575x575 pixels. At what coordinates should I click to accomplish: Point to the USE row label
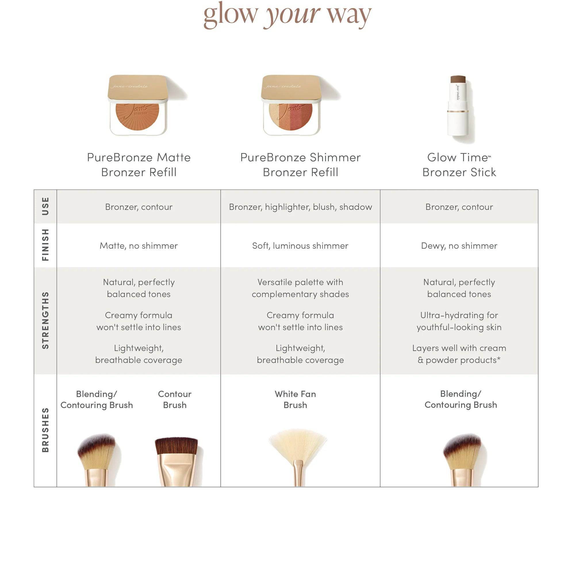click(x=45, y=206)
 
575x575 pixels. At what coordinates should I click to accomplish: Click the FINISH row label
click(x=45, y=245)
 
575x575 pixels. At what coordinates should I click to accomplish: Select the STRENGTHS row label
click(x=45, y=320)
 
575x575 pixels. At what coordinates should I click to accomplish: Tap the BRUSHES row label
click(x=45, y=430)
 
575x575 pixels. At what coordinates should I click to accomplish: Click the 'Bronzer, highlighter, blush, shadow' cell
click(x=300, y=207)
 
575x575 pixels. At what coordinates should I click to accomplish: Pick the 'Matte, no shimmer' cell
click(x=139, y=246)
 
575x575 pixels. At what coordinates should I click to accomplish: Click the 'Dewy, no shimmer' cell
click(x=459, y=246)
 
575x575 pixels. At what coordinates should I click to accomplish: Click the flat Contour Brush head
click(x=177, y=446)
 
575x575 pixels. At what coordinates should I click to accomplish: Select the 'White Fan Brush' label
click(x=295, y=399)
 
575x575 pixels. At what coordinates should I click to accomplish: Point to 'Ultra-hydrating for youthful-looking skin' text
click(x=459, y=321)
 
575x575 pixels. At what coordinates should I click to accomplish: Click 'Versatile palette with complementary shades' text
click(x=300, y=288)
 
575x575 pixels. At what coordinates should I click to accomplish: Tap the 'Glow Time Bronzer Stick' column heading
click(x=459, y=164)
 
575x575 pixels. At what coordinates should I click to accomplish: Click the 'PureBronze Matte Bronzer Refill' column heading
click(x=139, y=164)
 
